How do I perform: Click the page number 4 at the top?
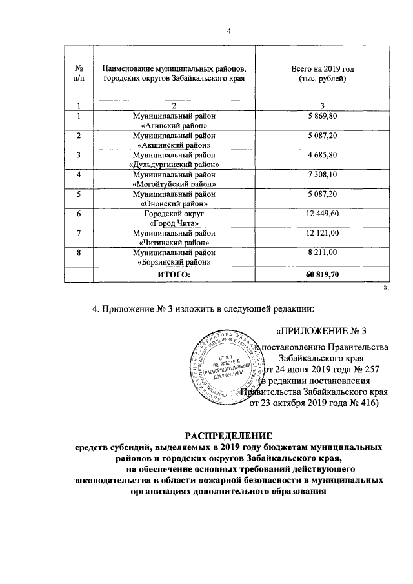point(228,33)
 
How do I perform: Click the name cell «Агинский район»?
point(174,120)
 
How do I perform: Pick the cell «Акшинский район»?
point(174,140)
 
